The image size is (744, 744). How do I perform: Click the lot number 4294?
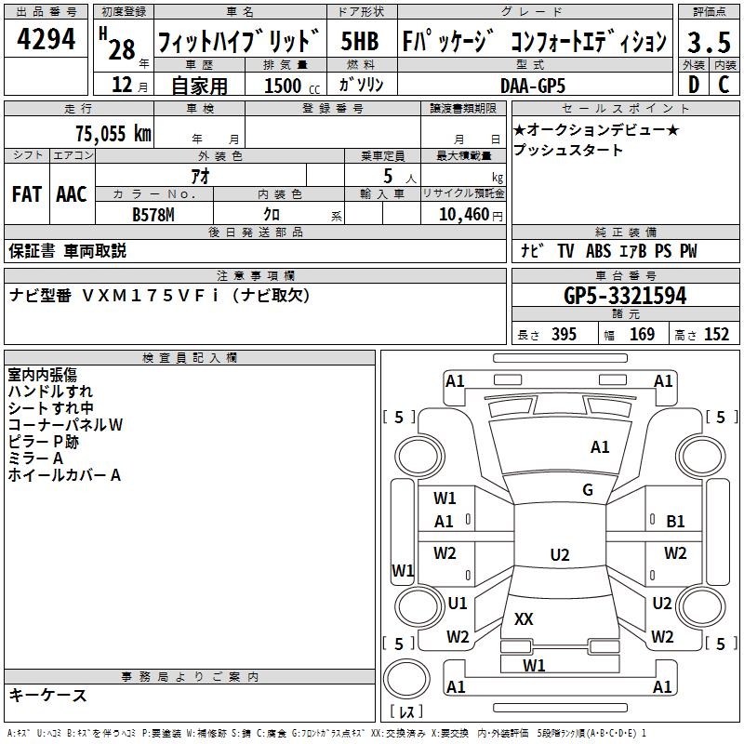pos(46,40)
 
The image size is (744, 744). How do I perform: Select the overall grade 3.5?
pos(708,42)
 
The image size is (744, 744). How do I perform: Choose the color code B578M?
pos(154,213)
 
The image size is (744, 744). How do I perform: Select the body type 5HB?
pos(360,42)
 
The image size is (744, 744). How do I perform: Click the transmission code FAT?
pos(26,194)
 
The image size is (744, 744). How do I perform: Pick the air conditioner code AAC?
pos(72,194)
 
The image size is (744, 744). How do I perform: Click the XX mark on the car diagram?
pos(524,618)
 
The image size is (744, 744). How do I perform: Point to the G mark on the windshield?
pos(588,490)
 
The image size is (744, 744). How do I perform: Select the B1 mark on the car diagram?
pos(675,522)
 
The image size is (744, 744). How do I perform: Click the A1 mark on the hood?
pos(600,447)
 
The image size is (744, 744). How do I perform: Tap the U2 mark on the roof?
pos(559,555)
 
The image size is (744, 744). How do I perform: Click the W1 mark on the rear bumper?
pos(534,665)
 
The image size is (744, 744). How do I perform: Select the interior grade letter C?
pos(724,85)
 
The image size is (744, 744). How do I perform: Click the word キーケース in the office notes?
pos(48,696)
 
